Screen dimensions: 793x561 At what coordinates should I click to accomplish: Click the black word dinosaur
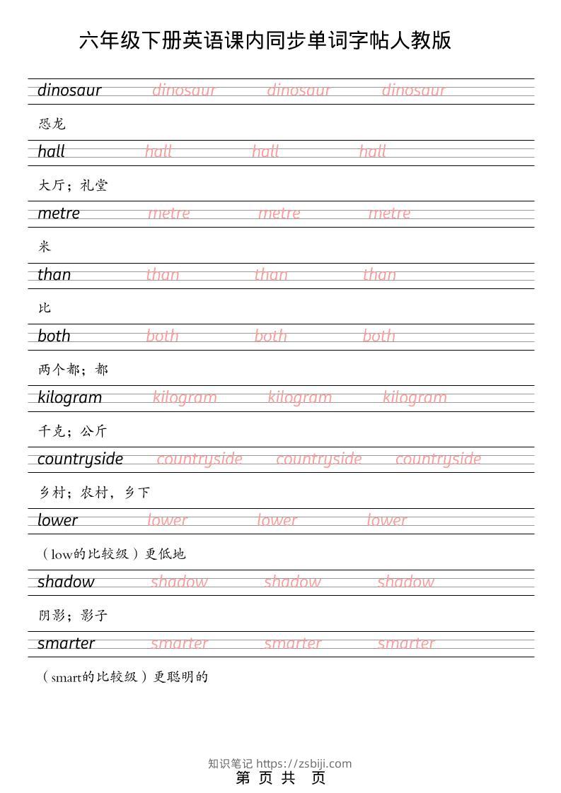pyautogui.click(x=69, y=90)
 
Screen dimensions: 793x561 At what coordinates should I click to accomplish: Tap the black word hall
pyautogui.click(x=51, y=151)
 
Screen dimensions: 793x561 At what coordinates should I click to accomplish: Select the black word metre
pyautogui.click(x=59, y=213)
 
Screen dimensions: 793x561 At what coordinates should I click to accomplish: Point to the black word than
pyautogui.click(x=54, y=275)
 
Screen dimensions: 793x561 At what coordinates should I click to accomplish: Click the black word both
pyautogui.click(x=54, y=336)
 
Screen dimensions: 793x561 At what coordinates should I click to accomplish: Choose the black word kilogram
pyautogui.click(x=69, y=398)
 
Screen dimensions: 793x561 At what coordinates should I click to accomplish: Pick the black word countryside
pyautogui.click(x=80, y=459)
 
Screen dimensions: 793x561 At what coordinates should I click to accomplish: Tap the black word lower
pyautogui.click(x=57, y=521)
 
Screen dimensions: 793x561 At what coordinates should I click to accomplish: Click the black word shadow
pyautogui.click(x=66, y=582)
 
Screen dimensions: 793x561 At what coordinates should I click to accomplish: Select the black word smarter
pyautogui.click(x=66, y=643)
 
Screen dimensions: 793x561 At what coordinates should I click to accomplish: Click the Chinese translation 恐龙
pyautogui.click(x=52, y=124)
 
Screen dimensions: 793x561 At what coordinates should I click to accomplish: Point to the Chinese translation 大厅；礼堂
pyautogui.click(x=73, y=185)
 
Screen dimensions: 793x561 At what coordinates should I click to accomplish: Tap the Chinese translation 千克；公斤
pyautogui.click(x=73, y=431)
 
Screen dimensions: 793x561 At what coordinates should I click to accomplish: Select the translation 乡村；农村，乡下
pyautogui.click(x=94, y=493)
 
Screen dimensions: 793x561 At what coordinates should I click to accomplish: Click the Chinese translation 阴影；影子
pyautogui.click(x=73, y=616)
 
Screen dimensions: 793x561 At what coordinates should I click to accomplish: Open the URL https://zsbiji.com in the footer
pyautogui.click(x=303, y=763)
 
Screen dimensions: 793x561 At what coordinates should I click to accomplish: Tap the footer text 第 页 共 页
pyautogui.click(x=280, y=778)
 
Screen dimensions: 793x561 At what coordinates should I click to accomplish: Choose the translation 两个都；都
pyautogui.click(x=73, y=370)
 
